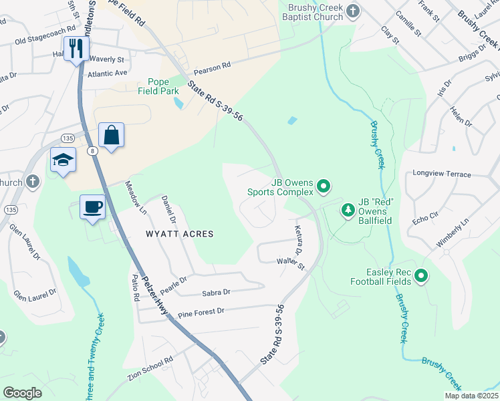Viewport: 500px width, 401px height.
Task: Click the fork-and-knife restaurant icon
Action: [76, 48]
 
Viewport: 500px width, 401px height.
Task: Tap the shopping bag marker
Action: [111, 135]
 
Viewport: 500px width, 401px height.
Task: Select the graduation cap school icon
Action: [63, 160]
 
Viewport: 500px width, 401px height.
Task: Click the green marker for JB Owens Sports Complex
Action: [324, 186]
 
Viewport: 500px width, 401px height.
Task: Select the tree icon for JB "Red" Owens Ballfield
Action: [348, 211]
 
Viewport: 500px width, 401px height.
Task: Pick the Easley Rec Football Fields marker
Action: [421, 275]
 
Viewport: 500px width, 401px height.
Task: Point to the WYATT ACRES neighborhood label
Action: [180, 234]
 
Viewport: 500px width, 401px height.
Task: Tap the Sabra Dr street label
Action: [216, 292]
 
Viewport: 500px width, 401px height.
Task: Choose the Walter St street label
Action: [291, 265]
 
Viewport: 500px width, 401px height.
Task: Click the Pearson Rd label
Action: [212, 67]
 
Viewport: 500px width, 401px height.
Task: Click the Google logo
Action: [22, 392]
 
